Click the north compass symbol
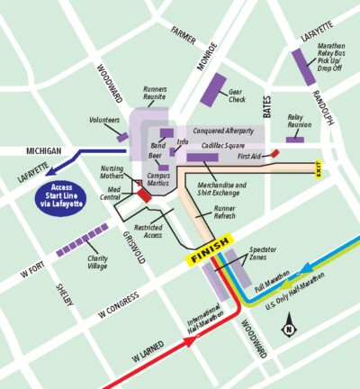(288, 326)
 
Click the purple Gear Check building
(213, 86)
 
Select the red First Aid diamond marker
(275, 154)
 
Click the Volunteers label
(105, 120)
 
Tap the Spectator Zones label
(262, 252)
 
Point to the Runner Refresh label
(225, 213)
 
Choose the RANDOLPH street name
(327, 107)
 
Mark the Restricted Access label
(148, 231)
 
